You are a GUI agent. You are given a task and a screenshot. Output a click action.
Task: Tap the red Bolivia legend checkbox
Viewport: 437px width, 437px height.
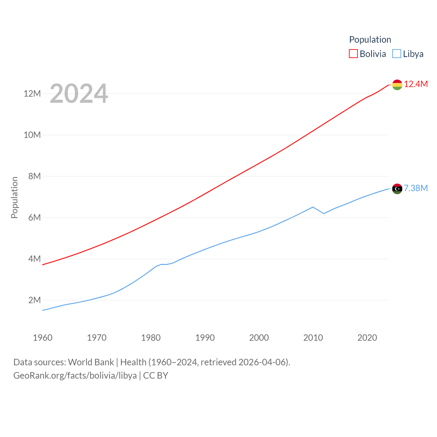[353, 54]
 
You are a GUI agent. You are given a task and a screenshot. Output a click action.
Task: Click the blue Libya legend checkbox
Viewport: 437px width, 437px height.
[397, 54]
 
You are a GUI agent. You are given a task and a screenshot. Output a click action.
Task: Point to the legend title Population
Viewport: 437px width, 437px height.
[370, 40]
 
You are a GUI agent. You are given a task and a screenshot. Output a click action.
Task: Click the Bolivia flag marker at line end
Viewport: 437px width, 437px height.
[397, 85]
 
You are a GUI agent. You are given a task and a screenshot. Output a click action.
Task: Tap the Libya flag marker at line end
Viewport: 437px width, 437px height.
[397, 188]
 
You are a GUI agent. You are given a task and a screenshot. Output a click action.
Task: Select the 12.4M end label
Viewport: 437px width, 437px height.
[416, 84]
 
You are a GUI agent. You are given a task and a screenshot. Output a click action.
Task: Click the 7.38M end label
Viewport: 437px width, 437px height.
[416, 188]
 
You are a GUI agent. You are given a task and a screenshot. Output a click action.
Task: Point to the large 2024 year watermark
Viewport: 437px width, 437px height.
[79, 94]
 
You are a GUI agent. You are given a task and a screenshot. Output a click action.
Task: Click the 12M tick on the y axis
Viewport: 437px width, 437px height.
[32, 94]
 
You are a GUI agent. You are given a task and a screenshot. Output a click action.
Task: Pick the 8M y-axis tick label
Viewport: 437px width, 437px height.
[34, 176]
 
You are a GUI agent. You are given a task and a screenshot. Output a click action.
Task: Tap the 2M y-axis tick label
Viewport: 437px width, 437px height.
[34, 300]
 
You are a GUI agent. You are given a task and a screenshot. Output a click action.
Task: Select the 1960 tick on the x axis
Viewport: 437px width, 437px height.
[43, 338]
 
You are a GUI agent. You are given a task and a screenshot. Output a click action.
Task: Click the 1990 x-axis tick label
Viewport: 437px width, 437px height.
[205, 338]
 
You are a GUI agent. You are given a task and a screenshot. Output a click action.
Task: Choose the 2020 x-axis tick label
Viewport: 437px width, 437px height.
[367, 338]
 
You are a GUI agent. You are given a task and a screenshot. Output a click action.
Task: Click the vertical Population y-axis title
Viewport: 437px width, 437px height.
[14, 197]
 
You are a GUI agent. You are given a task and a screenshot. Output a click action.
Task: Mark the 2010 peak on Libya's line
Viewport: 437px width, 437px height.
[313, 207]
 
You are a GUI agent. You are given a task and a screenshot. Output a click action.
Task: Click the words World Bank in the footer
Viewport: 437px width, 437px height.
[91, 362]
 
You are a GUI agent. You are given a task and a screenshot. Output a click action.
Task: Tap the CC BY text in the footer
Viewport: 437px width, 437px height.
[156, 376]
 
